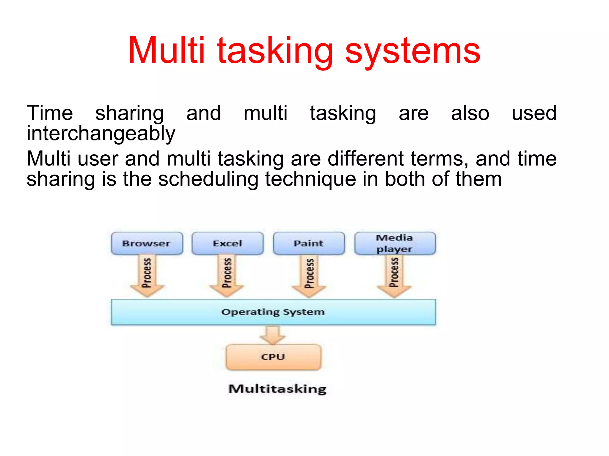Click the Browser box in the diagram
[147, 243]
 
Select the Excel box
[227, 243]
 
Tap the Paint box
[309, 243]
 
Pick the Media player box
[395, 243]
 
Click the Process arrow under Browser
[147, 275]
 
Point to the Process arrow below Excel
[227, 275]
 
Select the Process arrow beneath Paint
[309, 275]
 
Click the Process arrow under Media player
[394, 275]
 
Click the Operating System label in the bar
[273, 312]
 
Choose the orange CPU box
[273, 357]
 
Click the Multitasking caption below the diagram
[277, 389]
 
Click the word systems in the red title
[412, 51]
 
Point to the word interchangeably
[101, 134]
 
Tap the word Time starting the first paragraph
[50, 113]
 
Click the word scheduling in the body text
[208, 179]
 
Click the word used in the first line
[534, 113]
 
